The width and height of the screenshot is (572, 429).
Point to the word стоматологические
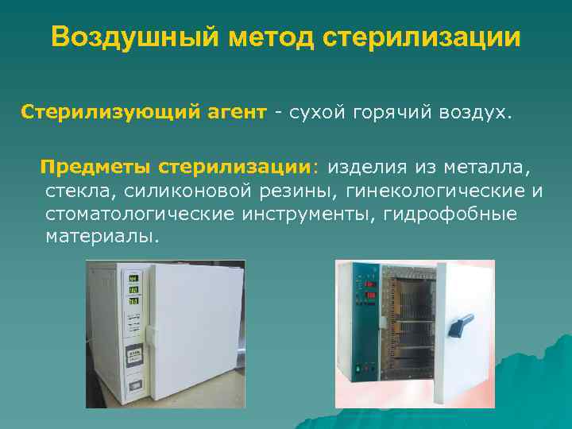139,214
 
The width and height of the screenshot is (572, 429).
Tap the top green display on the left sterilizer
133,279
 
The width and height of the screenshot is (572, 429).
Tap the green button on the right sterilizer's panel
358,368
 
